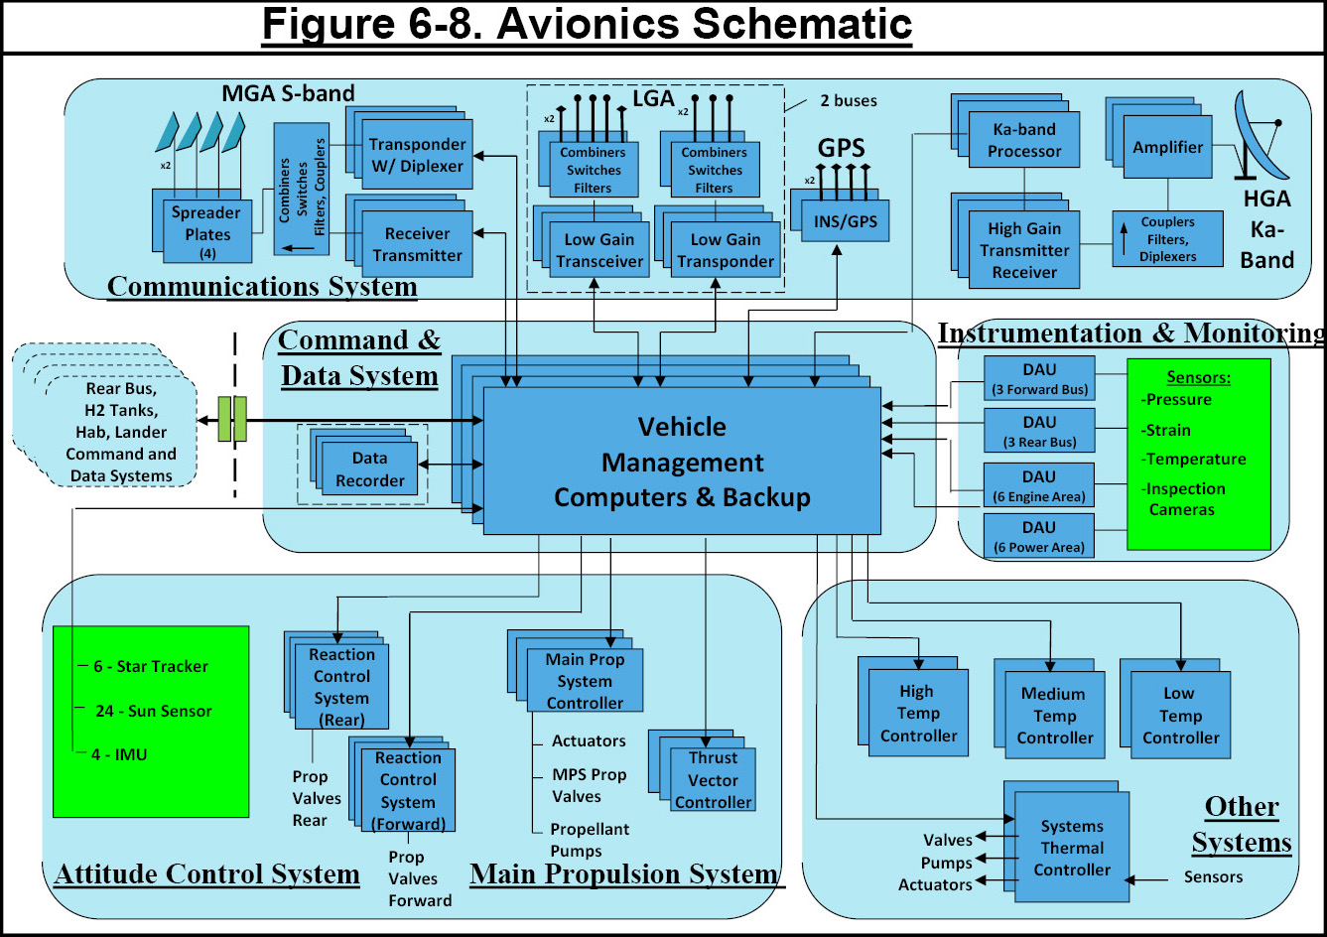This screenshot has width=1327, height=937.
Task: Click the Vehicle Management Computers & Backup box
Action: coord(682,461)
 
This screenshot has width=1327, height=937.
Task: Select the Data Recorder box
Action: coord(369,468)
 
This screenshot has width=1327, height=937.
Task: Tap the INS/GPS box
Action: coord(845,221)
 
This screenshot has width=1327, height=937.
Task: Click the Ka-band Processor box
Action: coord(1023,140)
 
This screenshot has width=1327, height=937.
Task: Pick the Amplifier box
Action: coord(1167,147)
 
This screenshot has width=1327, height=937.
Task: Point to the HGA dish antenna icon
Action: coord(1261,136)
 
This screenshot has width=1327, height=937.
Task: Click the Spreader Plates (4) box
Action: coord(207,231)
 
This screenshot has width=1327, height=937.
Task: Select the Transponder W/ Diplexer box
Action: coord(417,155)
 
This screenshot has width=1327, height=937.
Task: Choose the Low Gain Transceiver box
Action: coord(599,249)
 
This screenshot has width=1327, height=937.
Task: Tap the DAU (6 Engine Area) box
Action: coord(1039,485)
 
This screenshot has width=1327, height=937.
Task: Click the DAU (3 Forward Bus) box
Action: coord(1040,378)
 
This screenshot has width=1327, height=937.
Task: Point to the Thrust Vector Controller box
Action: coord(713,779)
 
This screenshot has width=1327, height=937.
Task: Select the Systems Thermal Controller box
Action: coord(1072,847)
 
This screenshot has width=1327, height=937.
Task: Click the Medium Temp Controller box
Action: coord(1055,715)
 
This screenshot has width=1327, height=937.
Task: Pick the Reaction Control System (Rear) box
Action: coord(341,687)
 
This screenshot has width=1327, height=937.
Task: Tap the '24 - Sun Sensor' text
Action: coord(154,711)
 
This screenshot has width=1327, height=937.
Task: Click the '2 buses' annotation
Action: coord(849,100)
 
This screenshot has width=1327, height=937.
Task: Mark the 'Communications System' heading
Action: coord(262,287)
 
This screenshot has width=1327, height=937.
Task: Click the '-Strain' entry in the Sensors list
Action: coord(1166,430)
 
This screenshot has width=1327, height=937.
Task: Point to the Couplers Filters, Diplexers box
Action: coord(1167,238)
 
